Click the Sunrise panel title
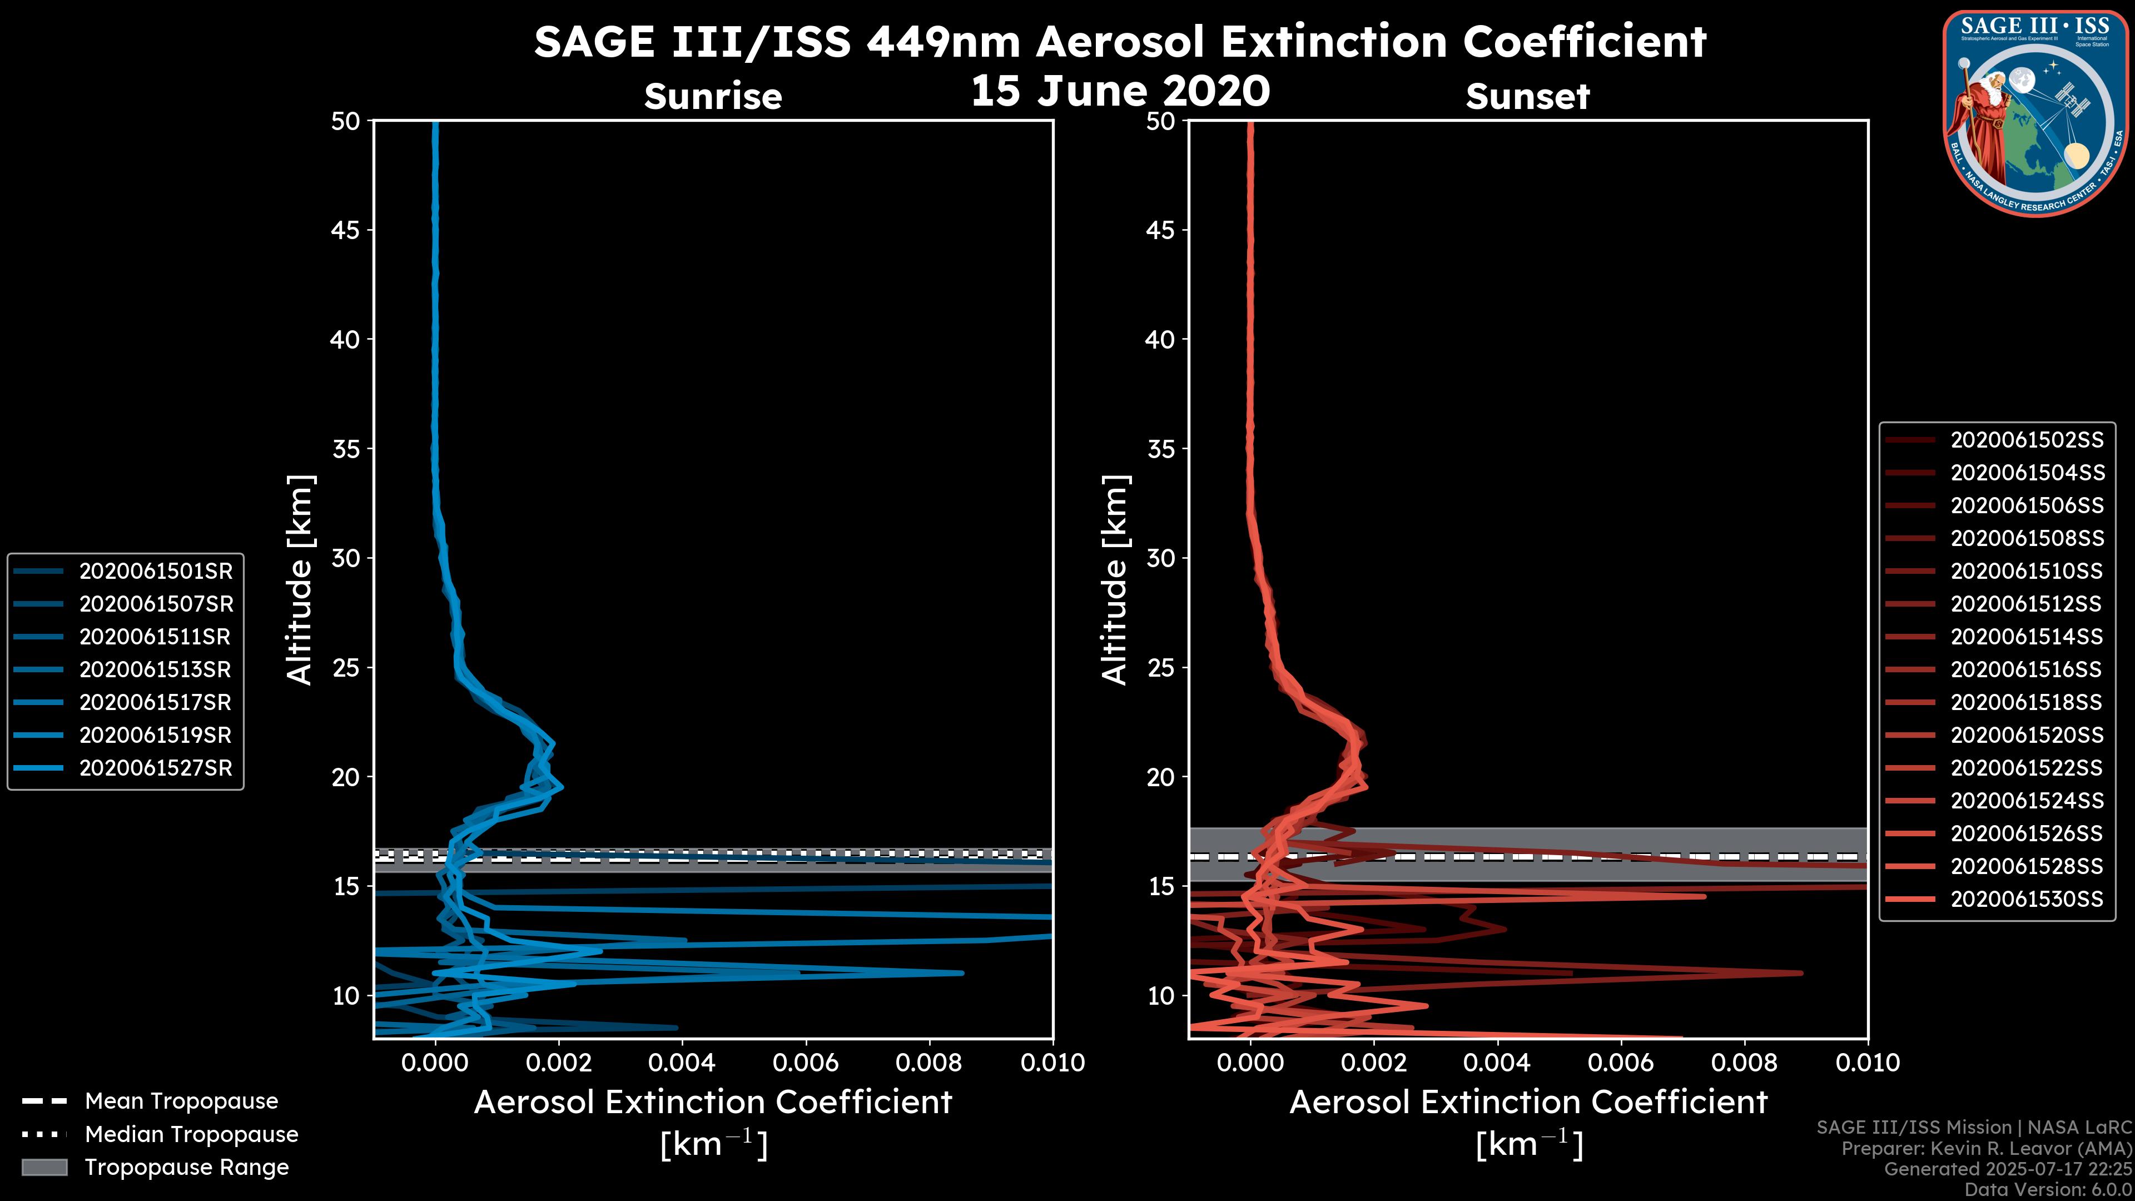point(713,97)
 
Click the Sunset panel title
point(1527,97)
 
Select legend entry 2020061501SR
point(156,571)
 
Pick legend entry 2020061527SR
point(156,768)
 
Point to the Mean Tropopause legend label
point(181,1101)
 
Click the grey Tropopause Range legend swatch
point(44,1168)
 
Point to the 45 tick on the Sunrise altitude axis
point(346,230)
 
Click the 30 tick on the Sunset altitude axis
point(1160,558)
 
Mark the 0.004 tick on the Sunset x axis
point(1497,1063)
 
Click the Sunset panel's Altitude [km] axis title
point(1115,580)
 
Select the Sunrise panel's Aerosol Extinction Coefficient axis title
point(713,1103)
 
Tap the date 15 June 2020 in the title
point(1120,91)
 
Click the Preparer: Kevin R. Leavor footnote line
point(1986,1149)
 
